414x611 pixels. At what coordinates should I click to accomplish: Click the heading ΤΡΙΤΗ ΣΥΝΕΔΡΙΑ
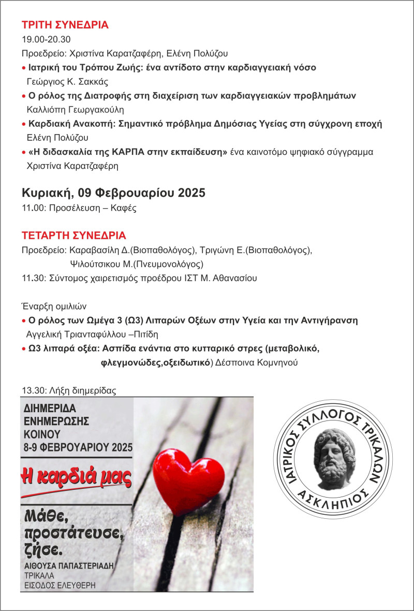pyautogui.click(x=65, y=25)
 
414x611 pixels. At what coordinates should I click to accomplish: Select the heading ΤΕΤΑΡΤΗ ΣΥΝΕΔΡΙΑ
pyautogui.click(x=73, y=236)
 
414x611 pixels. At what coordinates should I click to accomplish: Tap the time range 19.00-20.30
pyautogui.click(x=46, y=39)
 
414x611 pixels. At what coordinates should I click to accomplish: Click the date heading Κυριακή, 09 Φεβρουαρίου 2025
pyautogui.click(x=113, y=193)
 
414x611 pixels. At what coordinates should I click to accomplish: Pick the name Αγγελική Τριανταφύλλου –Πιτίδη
pyautogui.click(x=93, y=334)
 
